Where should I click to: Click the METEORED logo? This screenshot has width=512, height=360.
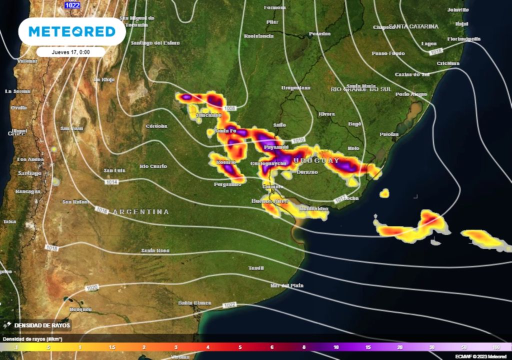pyautogui.click(x=71, y=31)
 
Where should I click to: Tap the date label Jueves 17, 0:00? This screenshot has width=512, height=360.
pyautogui.click(x=70, y=51)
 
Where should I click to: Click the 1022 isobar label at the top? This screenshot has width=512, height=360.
pyautogui.click(x=71, y=5)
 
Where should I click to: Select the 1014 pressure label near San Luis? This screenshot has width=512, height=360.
pyautogui.click(x=111, y=182)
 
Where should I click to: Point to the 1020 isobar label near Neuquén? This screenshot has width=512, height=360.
pyautogui.click(x=92, y=288)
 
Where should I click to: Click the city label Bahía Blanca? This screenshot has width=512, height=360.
pyautogui.click(x=194, y=303)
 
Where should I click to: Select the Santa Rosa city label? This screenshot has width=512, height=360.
pyautogui.click(x=155, y=250)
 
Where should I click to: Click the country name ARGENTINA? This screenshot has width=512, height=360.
pyautogui.click(x=141, y=212)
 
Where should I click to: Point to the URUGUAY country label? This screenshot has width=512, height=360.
pyautogui.click(x=316, y=160)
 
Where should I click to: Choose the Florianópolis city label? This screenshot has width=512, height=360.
pyautogui.click(x=463, y=39)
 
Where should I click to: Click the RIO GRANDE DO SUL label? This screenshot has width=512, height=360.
pyautogui.click(x=361, y=89)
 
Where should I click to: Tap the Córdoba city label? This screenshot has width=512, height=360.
pyautogui.click(x=156, y=126)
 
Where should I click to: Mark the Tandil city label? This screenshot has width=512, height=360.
pyautogui.click(x=256, y=268)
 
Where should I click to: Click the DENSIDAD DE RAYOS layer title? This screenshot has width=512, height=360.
pyautogui.click(x=39, y=325)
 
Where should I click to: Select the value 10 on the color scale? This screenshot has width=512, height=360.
pyautogui.click(x=336, y=347)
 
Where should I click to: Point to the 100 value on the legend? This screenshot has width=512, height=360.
pyautogui.click(x=495, y=347)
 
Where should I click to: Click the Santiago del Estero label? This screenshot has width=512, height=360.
pyautogui.click(x=155, y=43)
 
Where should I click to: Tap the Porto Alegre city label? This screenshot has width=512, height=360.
pyautogui.click(x=411, y=94)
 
